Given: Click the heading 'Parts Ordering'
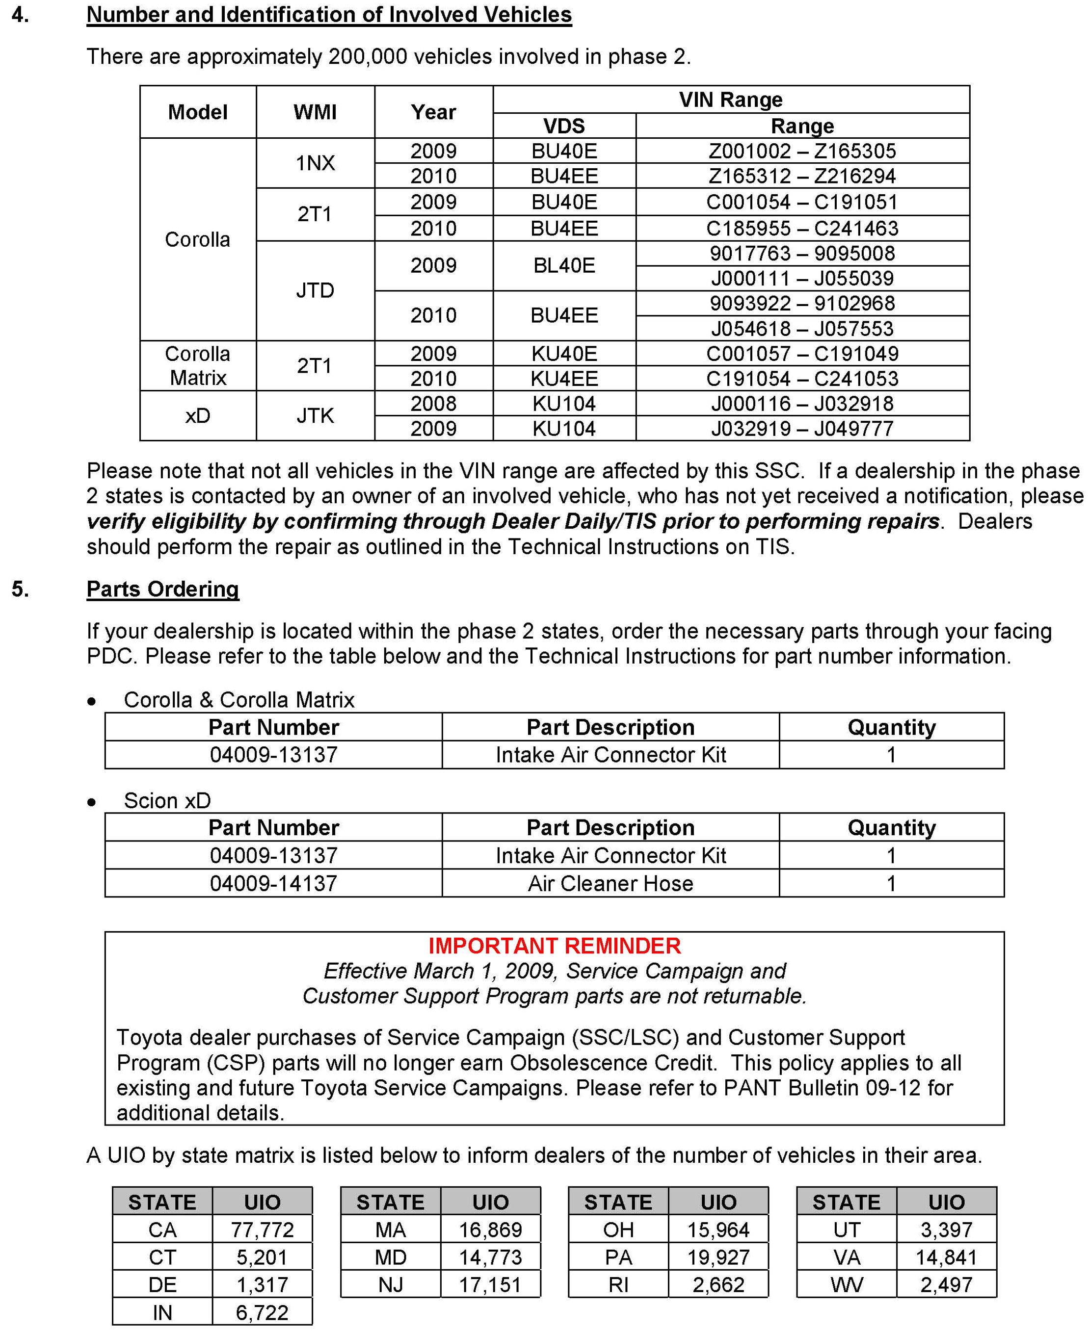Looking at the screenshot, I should point(162,589).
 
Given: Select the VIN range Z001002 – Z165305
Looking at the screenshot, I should point(802,151).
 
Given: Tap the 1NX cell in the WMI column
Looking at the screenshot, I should point(315,163).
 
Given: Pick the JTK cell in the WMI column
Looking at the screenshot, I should point(315,416).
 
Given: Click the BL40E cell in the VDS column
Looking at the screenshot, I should point(564,266).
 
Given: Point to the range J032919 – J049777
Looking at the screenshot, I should point(802,429).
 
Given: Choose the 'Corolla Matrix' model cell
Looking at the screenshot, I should point(197,366).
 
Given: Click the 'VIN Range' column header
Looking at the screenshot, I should point(731,100).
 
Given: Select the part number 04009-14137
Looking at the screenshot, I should point(273,884).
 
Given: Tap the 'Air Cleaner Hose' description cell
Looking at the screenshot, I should point(610,884).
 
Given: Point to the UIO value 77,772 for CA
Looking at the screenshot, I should point(262,1230).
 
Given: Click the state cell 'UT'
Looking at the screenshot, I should point(846,1230).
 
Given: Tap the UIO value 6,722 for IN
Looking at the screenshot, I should point(262,1313).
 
